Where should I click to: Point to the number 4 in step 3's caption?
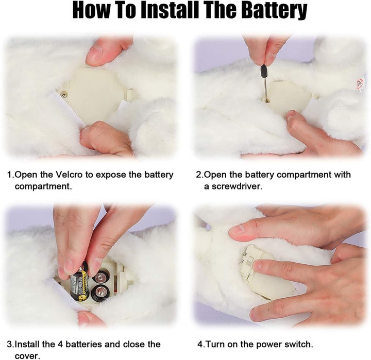tap(60, 344)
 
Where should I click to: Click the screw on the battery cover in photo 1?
tap(63, 95)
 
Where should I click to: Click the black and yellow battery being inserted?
tap(80, 283)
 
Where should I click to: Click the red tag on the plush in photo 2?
tap(360, 84)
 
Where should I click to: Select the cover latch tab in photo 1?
tap(129, 94)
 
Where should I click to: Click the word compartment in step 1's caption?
tap(43, 186)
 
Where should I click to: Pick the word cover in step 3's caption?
tap(27, 356)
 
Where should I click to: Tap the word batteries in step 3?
tap(84, 344)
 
